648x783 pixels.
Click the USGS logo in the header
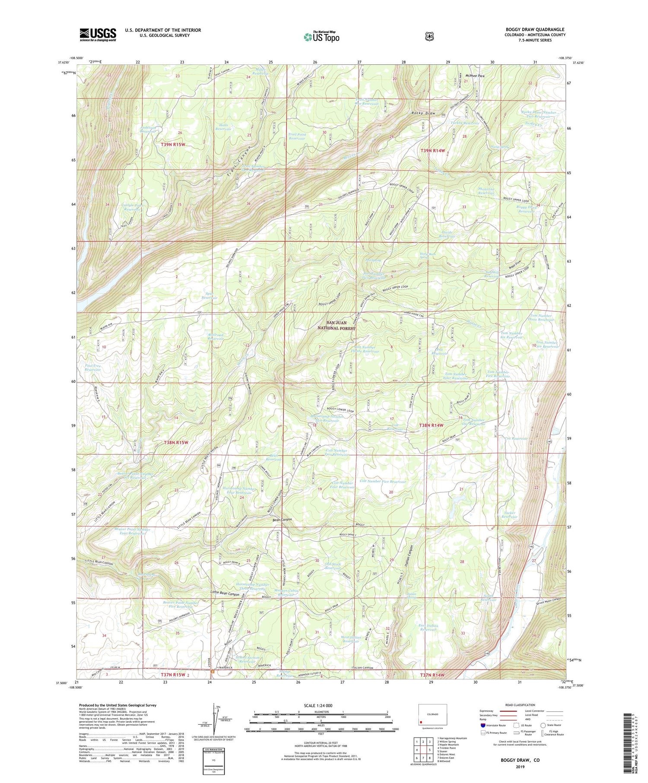pos(98,35)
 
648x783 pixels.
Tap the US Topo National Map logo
pos(321,37)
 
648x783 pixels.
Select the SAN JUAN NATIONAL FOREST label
pos(341,325)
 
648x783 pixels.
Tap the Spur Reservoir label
pos(210,296)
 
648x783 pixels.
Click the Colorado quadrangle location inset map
pos(432,714)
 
